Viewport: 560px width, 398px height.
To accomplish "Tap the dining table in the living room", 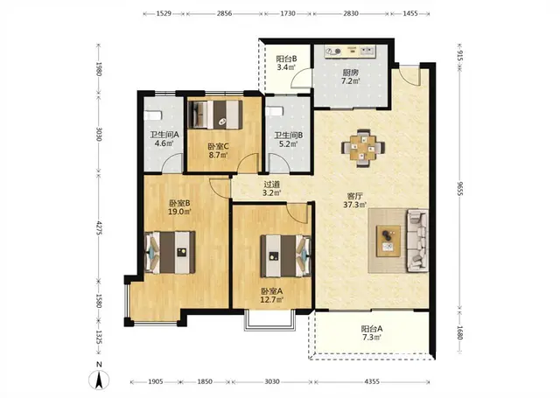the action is point(363,148).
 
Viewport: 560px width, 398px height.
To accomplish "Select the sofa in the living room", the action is point(418,241).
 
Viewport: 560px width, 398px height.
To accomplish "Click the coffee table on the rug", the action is point(388,241).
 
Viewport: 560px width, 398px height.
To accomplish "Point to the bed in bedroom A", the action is point(286,256).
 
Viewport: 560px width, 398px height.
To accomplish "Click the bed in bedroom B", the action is point(170,253).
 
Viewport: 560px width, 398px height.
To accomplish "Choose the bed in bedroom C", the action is point(215,115).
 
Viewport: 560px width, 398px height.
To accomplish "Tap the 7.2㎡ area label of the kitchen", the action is point(350,81).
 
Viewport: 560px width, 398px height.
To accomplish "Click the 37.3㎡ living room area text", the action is point(355,205).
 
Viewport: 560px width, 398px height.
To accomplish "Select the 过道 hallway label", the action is point(271,185).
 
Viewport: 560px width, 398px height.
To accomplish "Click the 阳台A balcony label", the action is point(371,329).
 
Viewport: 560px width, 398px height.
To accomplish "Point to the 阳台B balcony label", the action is point(286,59).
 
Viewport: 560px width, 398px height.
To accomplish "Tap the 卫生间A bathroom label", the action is point(164,135).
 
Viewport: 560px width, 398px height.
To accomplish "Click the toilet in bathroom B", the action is point(275,111).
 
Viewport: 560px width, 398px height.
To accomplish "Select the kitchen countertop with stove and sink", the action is point(350,51).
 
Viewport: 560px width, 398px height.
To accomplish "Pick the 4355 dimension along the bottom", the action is point(372,381).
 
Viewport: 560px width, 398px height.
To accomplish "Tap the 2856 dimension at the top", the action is point(224,14).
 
